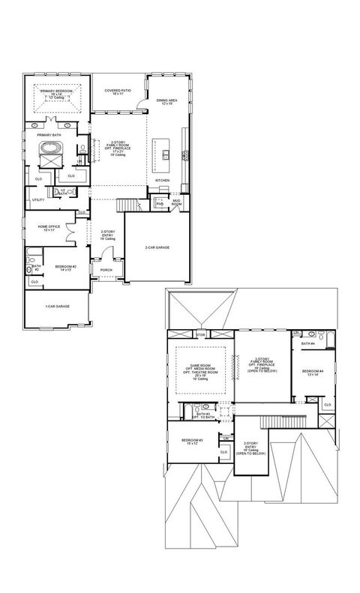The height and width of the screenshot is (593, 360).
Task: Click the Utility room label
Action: [37, 200]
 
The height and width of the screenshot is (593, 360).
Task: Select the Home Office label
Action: [49, 228]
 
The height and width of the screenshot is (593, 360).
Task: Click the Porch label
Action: [106, 271]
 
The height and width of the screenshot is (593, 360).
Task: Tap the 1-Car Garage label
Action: [57, 306]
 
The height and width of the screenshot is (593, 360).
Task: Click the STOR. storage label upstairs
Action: [200, 334]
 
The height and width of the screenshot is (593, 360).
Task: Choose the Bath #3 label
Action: [202, 415]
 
